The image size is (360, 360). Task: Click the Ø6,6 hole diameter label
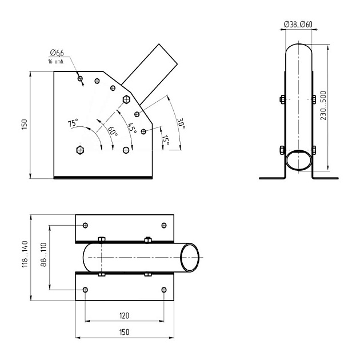coord(57,53)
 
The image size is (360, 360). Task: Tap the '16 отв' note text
coord(55,61)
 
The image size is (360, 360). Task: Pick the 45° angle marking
coord(132,128)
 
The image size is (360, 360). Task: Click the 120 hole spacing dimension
coord(124,315)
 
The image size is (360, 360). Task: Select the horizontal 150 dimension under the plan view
coord(124,332)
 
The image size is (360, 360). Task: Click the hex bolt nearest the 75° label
coord(80,150)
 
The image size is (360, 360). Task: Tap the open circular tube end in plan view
coord(190,258)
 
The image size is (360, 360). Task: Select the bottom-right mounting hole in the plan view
coord(163,290)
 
